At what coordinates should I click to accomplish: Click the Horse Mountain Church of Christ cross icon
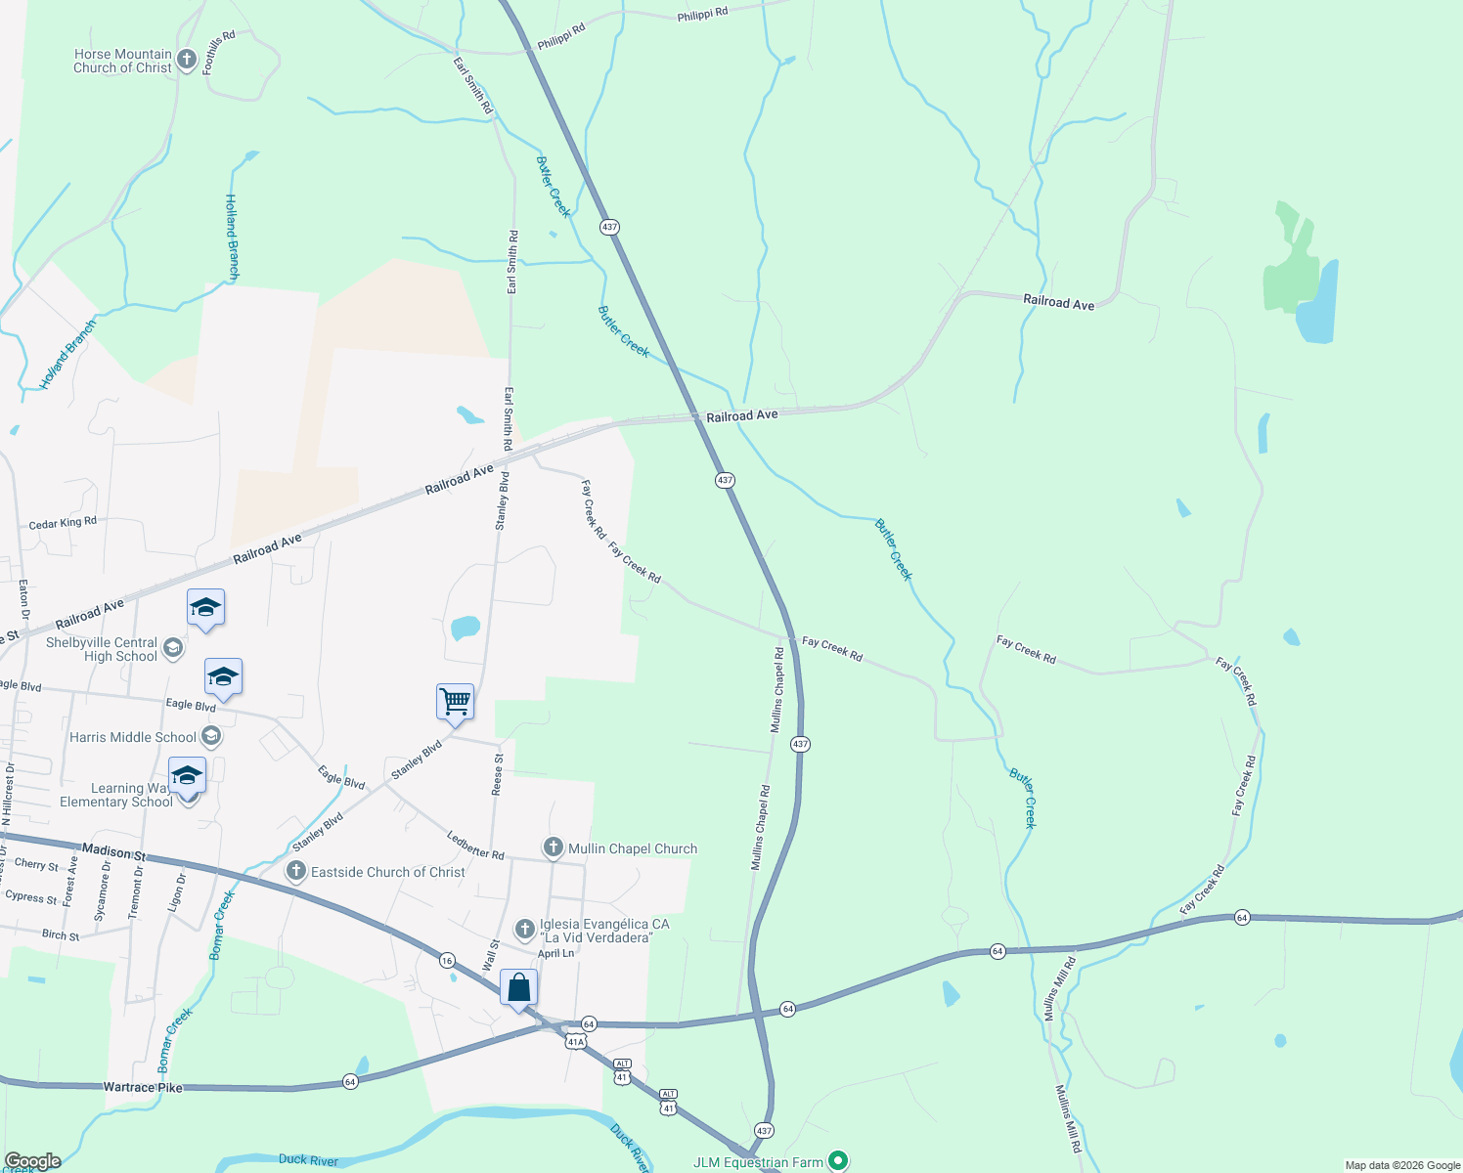click(187, 61)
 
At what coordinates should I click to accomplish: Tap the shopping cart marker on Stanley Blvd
click(456, 701)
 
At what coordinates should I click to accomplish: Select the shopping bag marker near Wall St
click(518, 987)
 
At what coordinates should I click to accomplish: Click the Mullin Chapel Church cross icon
click(553, 847)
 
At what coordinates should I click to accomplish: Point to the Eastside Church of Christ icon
click(295, 871)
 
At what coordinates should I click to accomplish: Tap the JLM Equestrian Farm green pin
click(838, 1161)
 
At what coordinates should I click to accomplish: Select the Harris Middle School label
click(133, 737)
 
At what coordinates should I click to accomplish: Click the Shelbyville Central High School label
click(102, 649)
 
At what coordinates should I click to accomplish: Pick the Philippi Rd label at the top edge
click(702, 14)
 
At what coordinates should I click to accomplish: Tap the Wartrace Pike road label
click(143, 1087)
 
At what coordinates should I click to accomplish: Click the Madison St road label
click(113, 852)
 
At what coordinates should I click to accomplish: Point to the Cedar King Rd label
click(63, 523)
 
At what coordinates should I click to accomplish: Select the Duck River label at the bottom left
click(308, 1160)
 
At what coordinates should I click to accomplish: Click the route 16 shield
click(447, 960)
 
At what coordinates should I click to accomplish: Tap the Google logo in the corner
click(32, 1161)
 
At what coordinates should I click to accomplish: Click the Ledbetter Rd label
click(475, 846)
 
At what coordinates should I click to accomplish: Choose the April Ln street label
click(555, 953)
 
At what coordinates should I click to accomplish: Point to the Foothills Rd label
click(219, 53)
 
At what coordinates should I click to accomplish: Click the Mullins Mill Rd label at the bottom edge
click(1068, 1118)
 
